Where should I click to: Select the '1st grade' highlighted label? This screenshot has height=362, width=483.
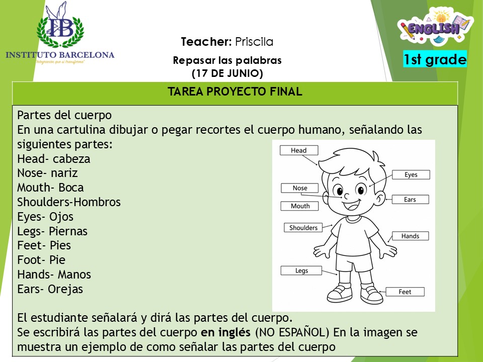click(435, 59)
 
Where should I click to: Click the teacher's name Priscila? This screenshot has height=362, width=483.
click(254, 42)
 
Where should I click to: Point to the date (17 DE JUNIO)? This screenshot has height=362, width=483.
click(227, 73)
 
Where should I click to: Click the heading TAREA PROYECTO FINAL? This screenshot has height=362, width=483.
click(235, 92)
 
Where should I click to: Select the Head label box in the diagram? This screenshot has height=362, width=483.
click(299, 150)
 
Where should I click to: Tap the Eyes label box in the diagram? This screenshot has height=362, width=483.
click(411, 174)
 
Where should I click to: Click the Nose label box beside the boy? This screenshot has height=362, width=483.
click(300, 188)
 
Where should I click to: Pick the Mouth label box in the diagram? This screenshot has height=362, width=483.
click(300, 206)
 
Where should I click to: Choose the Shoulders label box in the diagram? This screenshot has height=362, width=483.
click(303, 227)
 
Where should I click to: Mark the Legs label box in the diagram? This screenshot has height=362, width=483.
click(301, 270)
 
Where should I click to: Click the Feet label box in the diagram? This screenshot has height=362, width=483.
click(405, 292)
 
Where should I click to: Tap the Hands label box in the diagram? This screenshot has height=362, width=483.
click(411, 236)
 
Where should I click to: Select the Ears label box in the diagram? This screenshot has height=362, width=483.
click(410, 199)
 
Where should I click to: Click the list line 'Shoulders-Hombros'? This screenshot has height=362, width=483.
click(69, 202)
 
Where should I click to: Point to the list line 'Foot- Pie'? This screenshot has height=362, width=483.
click(41, 260)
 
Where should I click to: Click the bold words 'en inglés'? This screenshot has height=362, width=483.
click(225, 332)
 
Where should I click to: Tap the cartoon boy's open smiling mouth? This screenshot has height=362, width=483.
click(352, 205)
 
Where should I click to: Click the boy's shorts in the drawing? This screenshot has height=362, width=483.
click(354, 262)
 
